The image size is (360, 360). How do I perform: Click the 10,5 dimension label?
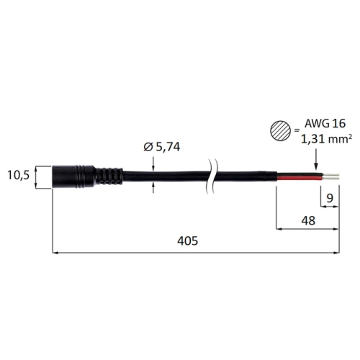tap(18, 175)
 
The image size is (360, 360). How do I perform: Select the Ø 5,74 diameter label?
tap(162, 147)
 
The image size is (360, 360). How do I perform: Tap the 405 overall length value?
tap(188, 240)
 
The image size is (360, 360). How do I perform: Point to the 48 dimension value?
tap(308, 220)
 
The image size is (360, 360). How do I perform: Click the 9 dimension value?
tap(330, 198)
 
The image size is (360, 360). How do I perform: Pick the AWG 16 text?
tap(325, 124)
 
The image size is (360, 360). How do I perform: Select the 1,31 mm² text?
tap(326, 139)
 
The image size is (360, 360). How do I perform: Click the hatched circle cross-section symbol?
tap(281, 131)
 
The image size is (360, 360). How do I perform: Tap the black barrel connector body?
tap(73, 176)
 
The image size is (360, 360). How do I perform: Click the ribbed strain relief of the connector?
tap(109, 176)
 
